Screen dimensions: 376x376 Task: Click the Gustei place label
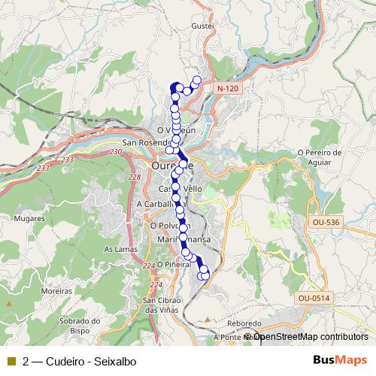pyautogui.click(x=203, y=25)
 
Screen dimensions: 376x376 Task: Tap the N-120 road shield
pyautogui.click(x=227, y=89)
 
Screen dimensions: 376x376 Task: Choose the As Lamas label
pyautogui.click(x=117, y=249)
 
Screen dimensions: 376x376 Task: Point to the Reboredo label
pyautogui.click(x=244, y=323)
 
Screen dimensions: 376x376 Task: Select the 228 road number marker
pyautogui.click(x=135, y=177)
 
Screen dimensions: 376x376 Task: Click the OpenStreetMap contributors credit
pyautogui.click(x=309, y=336)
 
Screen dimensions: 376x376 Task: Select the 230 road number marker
pyautogui.click(x=114, y=153)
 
